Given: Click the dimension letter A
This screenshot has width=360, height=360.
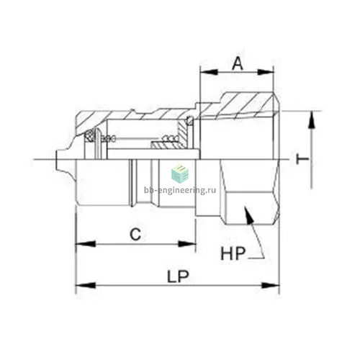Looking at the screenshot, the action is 238,63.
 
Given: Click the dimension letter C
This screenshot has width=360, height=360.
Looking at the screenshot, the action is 135,234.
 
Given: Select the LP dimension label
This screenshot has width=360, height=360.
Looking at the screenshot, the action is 178,276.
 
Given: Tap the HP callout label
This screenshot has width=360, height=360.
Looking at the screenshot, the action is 233,253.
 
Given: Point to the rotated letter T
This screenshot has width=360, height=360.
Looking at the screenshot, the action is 302,159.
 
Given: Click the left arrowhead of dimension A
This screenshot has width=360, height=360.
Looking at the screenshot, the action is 209,72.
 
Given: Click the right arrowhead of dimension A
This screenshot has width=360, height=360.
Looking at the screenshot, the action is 266,72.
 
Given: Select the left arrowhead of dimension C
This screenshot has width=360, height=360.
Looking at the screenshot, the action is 86,244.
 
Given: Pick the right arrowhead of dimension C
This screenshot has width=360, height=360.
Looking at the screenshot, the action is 186,244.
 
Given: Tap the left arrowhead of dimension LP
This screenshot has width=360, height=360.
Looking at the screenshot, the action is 86,286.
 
